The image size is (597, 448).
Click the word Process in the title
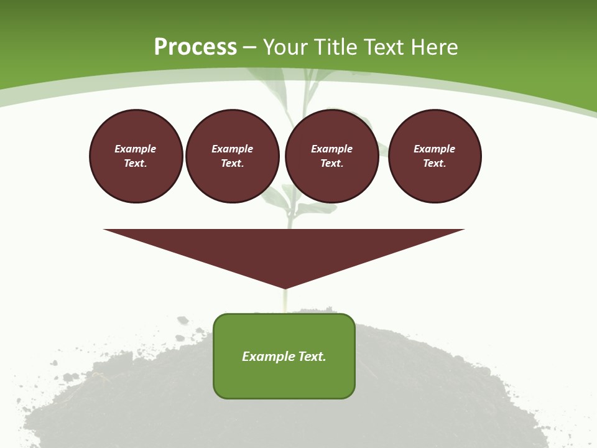195,47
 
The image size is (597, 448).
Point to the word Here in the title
435,47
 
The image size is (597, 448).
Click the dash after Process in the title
249,47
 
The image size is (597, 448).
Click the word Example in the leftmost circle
136,149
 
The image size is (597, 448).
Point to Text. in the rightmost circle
435,163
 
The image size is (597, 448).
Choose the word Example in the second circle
232,149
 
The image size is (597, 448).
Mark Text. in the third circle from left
331,163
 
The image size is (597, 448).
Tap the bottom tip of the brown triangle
284,287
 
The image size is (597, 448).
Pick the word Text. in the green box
312,357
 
